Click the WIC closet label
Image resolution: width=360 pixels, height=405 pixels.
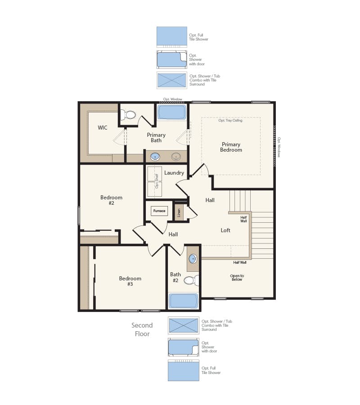[x=103, y=127]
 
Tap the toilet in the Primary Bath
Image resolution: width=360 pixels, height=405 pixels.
[x=130, y=115]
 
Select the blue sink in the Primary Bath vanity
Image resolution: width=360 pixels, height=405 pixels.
[x=155, y=157]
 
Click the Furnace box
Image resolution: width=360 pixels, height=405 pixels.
[x=159, y=211]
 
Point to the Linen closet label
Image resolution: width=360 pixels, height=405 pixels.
[x=179, y=212]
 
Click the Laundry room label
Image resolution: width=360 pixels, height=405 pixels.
[x=174, y=173]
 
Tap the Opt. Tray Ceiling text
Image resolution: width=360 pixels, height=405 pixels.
[x=230, y=121]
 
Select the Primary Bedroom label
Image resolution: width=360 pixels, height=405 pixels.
[x=231, y=147]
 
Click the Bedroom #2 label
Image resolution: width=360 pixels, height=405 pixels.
[x=111, y=200]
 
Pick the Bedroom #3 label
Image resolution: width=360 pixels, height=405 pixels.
[x=130, y=281]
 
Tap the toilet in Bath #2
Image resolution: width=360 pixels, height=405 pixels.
[x=189, y=281]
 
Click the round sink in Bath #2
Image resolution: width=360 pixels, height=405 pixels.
[x=193, y=259]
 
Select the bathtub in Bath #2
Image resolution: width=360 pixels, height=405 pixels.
[x=183, y=301]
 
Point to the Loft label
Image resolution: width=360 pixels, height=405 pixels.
[x=225, y=230]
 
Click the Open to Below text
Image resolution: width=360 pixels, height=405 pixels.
[x=237, y=278]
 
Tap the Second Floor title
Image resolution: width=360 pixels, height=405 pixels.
[x=142, y=329]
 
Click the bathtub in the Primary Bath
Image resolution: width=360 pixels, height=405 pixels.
[x=172, y=112]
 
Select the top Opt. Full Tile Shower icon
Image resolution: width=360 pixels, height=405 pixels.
[x=172, y=36]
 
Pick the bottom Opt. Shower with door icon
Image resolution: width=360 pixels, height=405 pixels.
[x=183, y=347]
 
